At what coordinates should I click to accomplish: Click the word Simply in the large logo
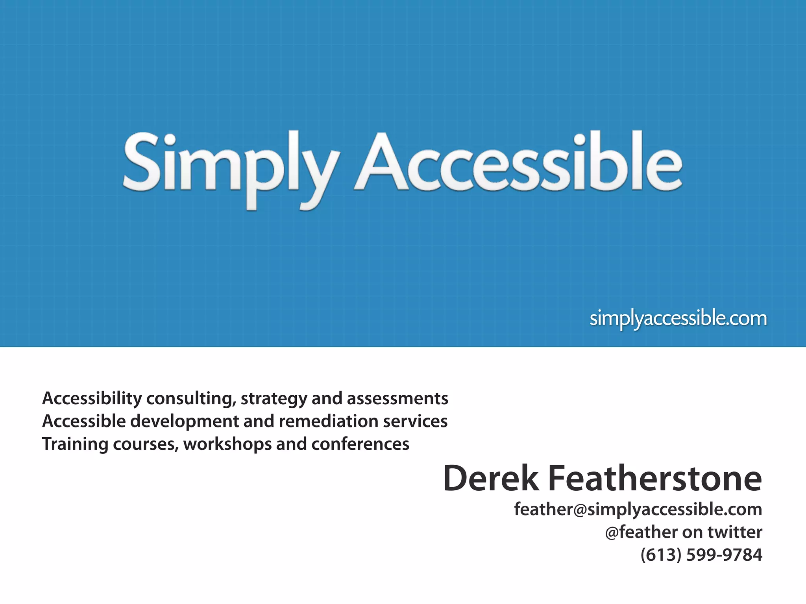click(x=230, y=165)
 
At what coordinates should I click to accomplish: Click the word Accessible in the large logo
click(x=518, y=163)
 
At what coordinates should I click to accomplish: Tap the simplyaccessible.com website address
click(x=678, y=318)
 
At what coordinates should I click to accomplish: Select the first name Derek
click(x=491, y=479)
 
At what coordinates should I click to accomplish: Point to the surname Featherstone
click(x=655, y=479)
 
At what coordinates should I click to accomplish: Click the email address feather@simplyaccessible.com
click(x=638, y=509)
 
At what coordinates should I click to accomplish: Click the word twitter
click(x=735, y=532)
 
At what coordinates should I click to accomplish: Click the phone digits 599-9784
click(x=724, y=555)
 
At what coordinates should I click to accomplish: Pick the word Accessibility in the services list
click(x=92, y=398)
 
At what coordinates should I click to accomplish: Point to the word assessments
click(x=397, y=398)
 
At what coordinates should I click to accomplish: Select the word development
click(x=184, y=421)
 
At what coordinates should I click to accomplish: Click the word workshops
click(x=227, y=444)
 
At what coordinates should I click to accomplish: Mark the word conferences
click(x=360, y=444)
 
